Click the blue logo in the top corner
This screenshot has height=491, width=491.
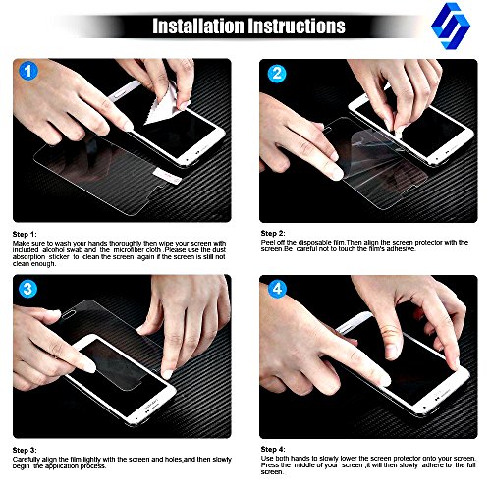451,26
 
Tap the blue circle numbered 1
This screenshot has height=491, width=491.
28,72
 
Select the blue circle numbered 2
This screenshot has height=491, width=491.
277,74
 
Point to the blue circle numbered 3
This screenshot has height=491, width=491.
28,290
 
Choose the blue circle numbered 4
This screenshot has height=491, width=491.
278,289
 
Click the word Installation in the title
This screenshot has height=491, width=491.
198,26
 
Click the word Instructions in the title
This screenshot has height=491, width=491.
297,26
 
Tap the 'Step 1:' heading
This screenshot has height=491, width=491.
25,235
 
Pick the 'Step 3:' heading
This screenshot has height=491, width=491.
25,451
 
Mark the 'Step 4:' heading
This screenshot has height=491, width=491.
273,450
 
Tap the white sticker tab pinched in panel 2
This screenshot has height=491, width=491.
398,132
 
